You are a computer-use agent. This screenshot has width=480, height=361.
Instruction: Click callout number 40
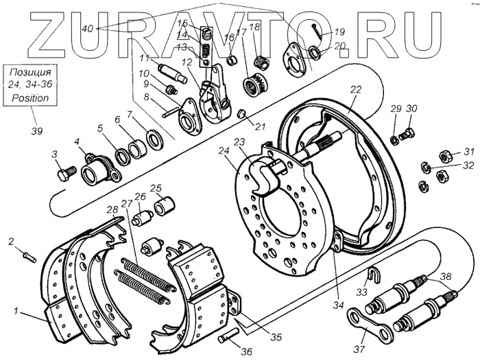[x=87, y=29]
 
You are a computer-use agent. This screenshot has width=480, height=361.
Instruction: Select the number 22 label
[x=354, y=90]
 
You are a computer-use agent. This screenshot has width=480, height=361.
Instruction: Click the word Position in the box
[x=30, y=98]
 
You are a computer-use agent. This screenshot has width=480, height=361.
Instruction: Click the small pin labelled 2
[x=28, y=256]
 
